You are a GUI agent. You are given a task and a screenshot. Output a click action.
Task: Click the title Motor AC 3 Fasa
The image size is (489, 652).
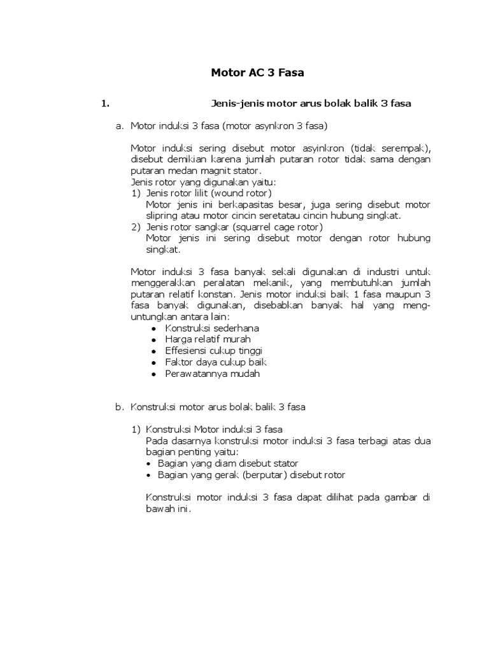[x=257, y=73]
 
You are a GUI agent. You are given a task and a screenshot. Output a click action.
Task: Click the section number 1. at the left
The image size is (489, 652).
[x=106, y=103]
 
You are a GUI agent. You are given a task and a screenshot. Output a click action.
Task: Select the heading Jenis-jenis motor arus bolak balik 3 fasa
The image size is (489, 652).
[x=311, y=103]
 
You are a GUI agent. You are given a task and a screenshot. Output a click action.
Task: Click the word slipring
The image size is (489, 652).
[x=162, y=216]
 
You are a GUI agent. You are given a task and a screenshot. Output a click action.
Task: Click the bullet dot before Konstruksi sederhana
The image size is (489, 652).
[x=154, y=329]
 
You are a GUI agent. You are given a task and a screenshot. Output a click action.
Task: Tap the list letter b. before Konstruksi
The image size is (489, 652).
[x=119, y=407]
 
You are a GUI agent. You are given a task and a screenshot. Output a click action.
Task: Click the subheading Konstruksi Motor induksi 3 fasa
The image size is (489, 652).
[x=214, y=429]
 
